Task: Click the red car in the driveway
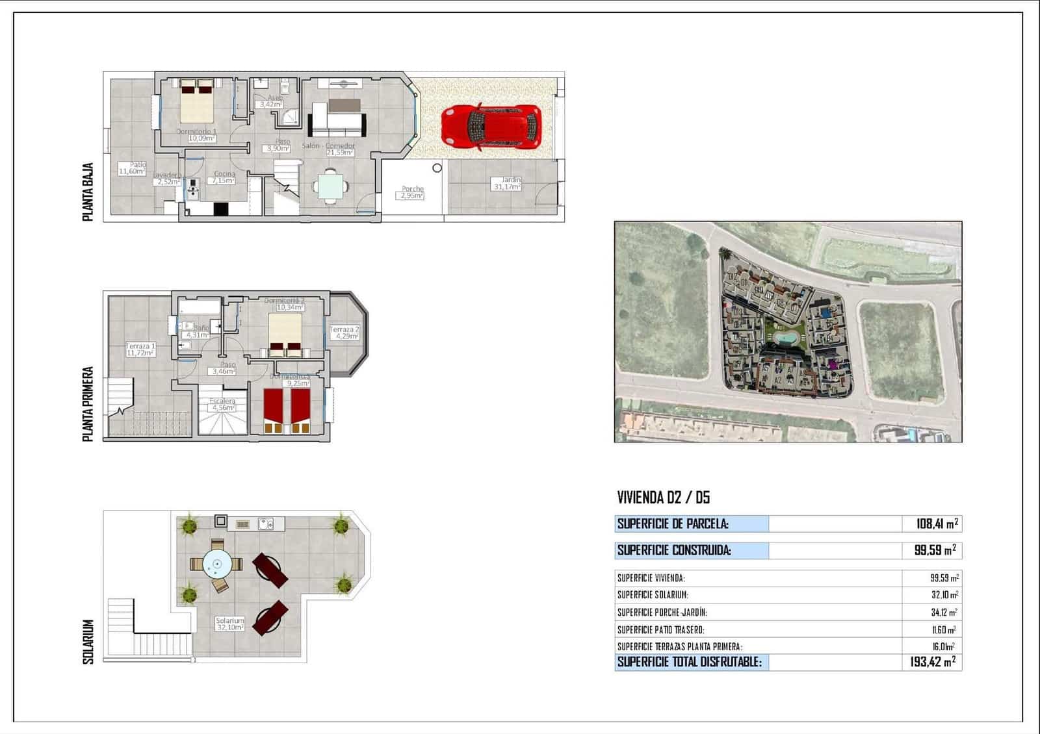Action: (491, 127)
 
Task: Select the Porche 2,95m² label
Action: (412, 192)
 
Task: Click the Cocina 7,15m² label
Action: (224, 177)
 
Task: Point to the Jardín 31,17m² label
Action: (508, 183)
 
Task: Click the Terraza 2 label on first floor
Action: (344, 333)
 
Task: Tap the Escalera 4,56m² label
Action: (222, 405)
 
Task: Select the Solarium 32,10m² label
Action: (230, 624)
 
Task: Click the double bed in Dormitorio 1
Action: (197, 102)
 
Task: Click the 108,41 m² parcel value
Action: (937, 524)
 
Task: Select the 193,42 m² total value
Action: (933, 662)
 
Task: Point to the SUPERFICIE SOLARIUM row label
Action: (652, 595)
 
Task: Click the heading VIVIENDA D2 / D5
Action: (663, 498)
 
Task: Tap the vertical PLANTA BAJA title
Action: (88, 192)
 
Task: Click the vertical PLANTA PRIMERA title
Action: (88, 404)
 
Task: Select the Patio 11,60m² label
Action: (132, 168)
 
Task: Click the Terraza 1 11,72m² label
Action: (140, 350)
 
